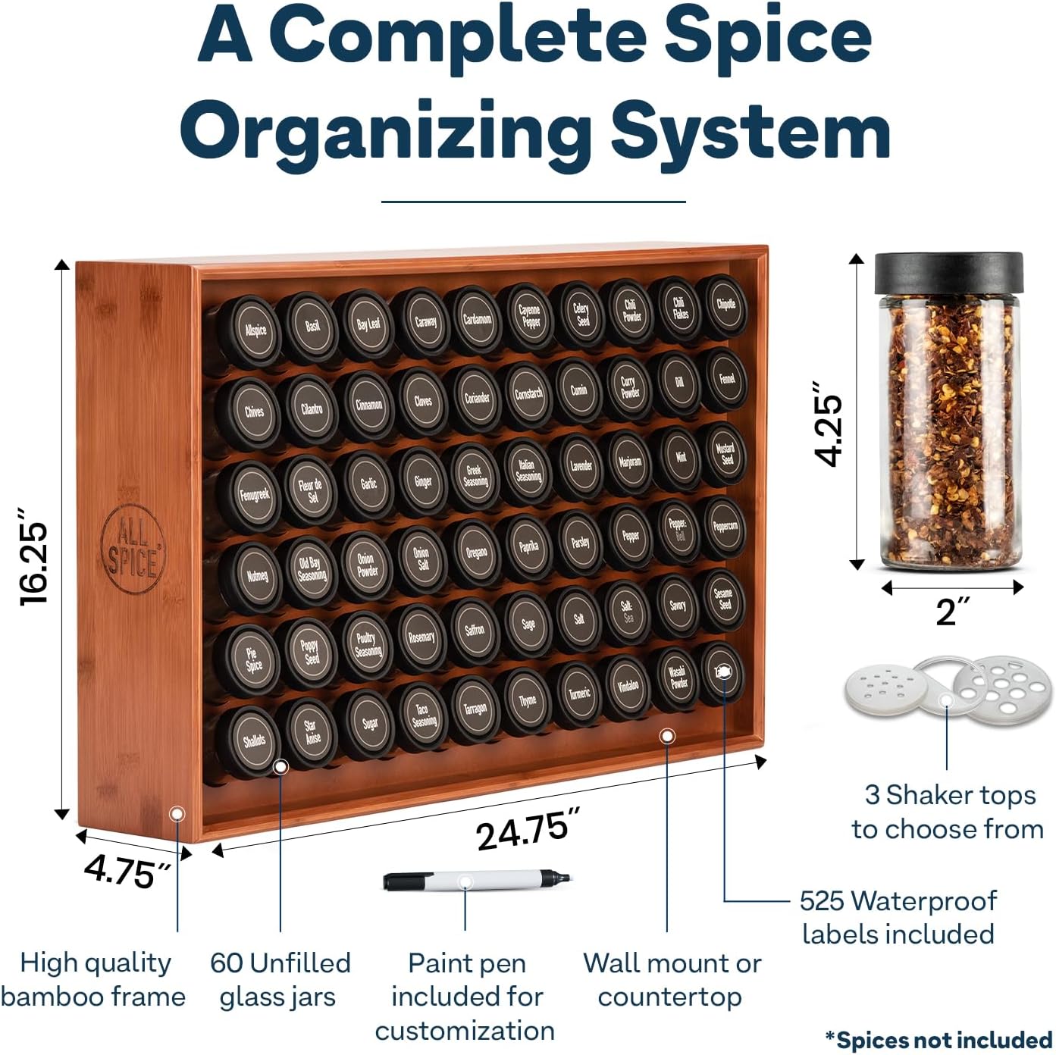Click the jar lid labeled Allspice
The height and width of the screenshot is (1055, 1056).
[x=255, y=330]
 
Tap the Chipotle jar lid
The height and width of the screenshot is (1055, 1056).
[x=725, y=305]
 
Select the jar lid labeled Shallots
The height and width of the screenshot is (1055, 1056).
[x=253, y=740]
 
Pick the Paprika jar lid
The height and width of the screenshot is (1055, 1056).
[x=528, y=546]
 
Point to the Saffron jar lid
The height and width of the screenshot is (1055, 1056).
[x=475, y=629]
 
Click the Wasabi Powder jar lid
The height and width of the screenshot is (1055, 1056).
[x=678, y=677]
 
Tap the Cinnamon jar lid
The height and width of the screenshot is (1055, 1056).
[x=369, y=404]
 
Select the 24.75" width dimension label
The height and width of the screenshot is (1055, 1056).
[x=528, y=829]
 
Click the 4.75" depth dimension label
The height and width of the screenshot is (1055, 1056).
[x=127, y=871]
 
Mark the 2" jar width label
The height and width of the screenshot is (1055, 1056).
[x=952, y=612]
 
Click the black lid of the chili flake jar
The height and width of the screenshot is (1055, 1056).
[x=948, y=274]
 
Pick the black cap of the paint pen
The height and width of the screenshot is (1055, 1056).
[x=403, y=881]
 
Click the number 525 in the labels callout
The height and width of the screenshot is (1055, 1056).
[x=821, y=901]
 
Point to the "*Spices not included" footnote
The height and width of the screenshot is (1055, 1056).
[x=938, y=1040]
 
